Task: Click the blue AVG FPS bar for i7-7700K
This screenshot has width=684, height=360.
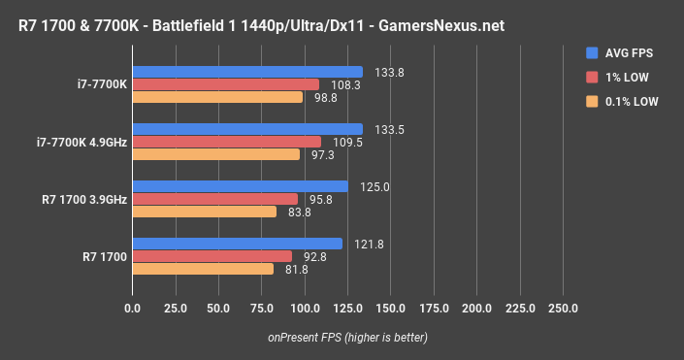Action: (x=247, y=72)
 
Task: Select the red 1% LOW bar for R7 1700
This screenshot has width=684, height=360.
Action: (x=212, y=256)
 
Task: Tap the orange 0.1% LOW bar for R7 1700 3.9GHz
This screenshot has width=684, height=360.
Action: (x=205, y=212)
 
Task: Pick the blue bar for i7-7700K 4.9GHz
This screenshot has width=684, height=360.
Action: (x=247, y=129)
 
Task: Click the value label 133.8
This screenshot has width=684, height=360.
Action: (x=379, y=71)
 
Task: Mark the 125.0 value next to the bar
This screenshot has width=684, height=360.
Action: (x=365, y=186)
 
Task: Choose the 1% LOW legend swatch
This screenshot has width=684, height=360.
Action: (x=592, y=77)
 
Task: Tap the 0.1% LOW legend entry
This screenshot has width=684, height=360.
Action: (x=633, y=101)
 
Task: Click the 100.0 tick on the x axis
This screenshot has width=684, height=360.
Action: (x=305, y=309)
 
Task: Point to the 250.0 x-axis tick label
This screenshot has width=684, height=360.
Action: (x=563, y=309)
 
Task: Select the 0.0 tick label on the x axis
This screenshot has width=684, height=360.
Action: (x=133, y=309)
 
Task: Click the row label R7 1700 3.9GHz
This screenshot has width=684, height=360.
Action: (x=83, y=199)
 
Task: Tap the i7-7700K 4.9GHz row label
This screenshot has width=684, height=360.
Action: (x=81, y=142)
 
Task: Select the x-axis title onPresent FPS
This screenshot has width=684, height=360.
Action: (x=347, y=337)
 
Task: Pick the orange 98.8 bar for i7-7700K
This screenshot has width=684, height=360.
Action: (x=218, y=97)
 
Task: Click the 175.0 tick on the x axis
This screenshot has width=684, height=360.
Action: (x=434, y=309)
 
